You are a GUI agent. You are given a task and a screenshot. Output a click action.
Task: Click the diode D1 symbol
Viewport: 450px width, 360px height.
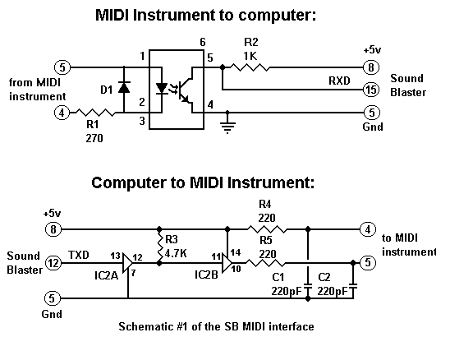(x=124, y=87)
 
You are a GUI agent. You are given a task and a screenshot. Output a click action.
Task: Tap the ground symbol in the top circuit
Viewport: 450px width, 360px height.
(x=227, y=127)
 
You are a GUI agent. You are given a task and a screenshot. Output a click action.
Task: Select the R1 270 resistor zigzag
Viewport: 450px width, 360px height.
(x=95, y=113)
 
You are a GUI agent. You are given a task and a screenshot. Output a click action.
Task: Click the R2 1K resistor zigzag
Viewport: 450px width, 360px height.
(x=250, y=67)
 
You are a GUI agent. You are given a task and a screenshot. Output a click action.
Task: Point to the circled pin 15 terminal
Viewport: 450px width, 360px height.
(x=371, y=90)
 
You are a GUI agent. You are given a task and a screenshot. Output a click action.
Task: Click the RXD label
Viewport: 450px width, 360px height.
(x=339, y=81)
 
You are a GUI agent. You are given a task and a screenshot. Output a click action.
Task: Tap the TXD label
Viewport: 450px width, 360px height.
(x=79, y=255)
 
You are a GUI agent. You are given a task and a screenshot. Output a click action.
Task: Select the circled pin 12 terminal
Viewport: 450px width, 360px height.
(x=53, y=263)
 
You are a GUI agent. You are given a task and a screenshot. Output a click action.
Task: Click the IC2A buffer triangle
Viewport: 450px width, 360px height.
(x=127, y=262)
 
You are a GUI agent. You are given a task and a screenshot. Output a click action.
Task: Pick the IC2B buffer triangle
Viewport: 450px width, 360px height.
(x=227, y=263)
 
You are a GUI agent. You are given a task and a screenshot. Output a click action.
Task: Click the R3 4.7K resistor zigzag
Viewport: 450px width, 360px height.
(x=159, y=246)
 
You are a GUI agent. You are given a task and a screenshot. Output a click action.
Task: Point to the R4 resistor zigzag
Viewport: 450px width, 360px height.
(x=267, y=229)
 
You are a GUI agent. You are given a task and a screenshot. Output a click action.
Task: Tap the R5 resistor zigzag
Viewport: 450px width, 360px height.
(x=266, y=262)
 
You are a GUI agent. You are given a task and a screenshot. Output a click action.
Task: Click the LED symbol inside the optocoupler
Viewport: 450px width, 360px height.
(x=162, y=89)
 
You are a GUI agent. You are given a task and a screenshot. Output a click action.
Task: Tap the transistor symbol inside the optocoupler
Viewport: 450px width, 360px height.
(x=186, y=90)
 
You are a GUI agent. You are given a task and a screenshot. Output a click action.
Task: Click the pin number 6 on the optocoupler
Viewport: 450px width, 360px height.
(x=203, y=43)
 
